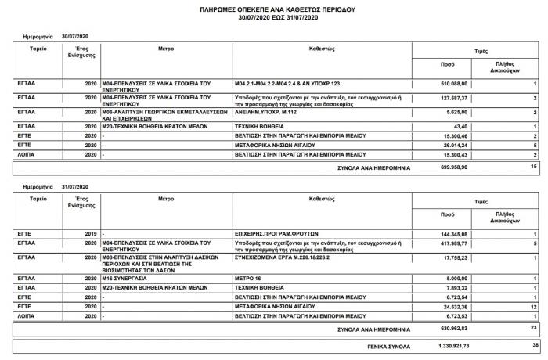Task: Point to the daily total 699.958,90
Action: tap(452, 167)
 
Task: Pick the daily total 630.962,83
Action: tap(452, 328)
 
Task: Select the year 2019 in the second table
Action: tap(90, 234)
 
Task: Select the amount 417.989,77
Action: tap(452, 244)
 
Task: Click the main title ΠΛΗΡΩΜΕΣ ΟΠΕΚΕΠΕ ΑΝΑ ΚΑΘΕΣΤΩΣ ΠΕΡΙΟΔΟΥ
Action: tap(273, 8)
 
